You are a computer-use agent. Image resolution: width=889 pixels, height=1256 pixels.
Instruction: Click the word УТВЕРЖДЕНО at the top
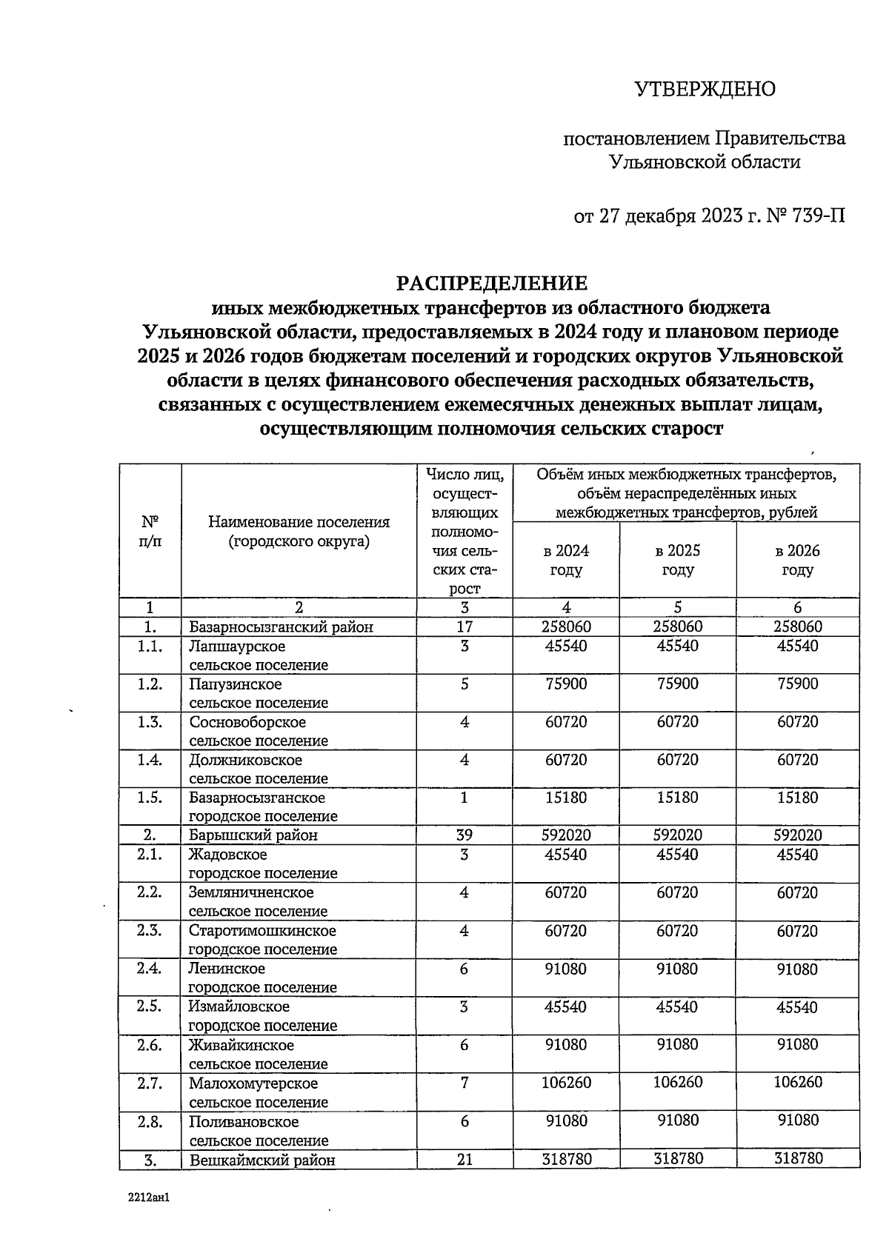pyautogui.click(x=705, y=89)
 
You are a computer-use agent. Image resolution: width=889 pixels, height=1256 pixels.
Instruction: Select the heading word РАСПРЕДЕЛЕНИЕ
pyautogui.click(x=492, y=283)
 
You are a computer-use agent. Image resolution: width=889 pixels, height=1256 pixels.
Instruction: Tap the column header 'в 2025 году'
pyautogui.click(x=677, y=561)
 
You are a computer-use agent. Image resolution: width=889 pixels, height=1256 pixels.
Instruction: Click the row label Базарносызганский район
pyautogui.click(x=281, y=627)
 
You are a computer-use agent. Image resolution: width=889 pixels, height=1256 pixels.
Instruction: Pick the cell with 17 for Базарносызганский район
pyautogui.click(x=464, y=627)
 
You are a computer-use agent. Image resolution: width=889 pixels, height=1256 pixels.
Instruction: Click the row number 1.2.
pyautogui.click(x=150, y=684)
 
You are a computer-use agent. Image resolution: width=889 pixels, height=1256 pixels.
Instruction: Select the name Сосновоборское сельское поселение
pyautogui.click(x=258, y=731)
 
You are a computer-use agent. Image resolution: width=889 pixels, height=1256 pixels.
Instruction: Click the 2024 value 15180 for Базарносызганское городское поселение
pyautogui.click(x=566, y=798)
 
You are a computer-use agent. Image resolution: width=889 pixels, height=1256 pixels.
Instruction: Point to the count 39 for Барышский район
pyautogui.click(x=464, y=835)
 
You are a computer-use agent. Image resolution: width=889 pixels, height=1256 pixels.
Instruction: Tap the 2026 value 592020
pyautogui.click(x=797, y=835)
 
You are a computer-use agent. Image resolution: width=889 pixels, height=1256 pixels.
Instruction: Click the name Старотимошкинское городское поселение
pyautogui.click(x=262, y=940)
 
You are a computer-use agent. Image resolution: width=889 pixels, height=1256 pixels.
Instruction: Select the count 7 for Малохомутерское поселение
pyautogui.click(x=464, y=1083)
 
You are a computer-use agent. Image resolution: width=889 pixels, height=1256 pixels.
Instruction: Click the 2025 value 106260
pyautogui.click(x=677, y=1083)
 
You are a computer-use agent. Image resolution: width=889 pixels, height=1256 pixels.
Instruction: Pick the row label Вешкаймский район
pyautogui.click(x=262, y=1160)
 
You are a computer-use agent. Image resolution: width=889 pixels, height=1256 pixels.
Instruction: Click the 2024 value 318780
pyautogui.click(x=566, y=1159)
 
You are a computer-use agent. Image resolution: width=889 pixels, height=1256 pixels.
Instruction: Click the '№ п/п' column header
pyautogui.click(x=150, y=531)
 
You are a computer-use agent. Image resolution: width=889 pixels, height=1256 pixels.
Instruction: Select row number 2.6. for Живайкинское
pyautogui.click(x=150, y=1045)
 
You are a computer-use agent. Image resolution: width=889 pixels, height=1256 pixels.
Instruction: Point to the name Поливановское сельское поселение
pyautogui.click(x=258, y=1131)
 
